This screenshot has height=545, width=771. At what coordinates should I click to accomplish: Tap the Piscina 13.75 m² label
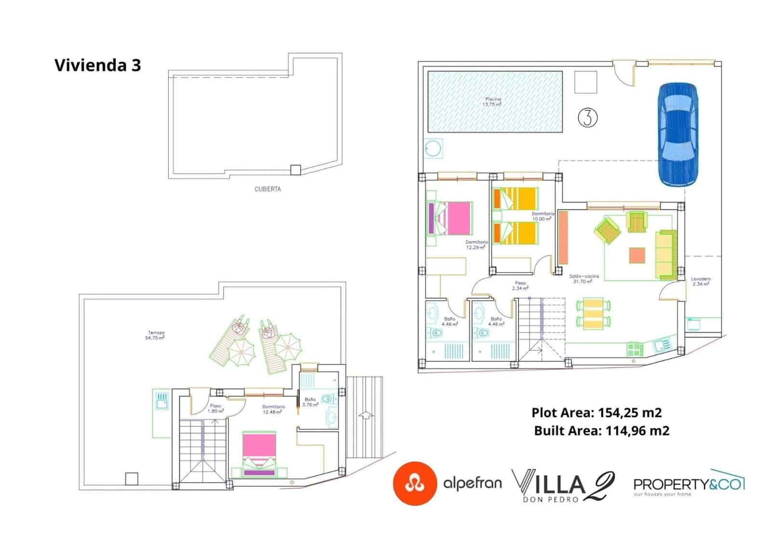click(x=492, y=102)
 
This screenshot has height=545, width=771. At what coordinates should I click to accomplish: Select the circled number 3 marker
click(x=587, y=117)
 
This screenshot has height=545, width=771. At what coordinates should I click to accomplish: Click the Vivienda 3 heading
click(x=98, y=65)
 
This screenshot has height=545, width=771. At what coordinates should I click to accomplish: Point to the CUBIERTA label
click(x=267, y=189)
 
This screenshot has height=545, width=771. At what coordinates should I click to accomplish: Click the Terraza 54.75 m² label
click(x=155, y=335)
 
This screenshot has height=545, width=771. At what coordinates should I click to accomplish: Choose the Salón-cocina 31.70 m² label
click(x=584, y=279)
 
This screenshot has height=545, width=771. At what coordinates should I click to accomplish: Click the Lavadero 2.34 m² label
click(x=700, y=281)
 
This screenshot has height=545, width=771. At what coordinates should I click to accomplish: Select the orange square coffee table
click(x=637, y=255)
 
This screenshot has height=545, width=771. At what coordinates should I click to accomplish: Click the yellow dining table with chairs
click(x=593, y=313)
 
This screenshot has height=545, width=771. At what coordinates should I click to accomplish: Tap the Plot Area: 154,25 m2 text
click(x=596, y=413)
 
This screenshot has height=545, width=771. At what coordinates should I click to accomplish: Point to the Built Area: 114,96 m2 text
click(x=601, y=431)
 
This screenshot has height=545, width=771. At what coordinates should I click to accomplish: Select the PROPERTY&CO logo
click(x=689, y=484)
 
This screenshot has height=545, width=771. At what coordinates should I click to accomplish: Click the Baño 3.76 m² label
click(x=310, y=402)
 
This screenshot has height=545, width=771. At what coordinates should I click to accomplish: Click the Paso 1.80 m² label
click(x=215, y=409)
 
